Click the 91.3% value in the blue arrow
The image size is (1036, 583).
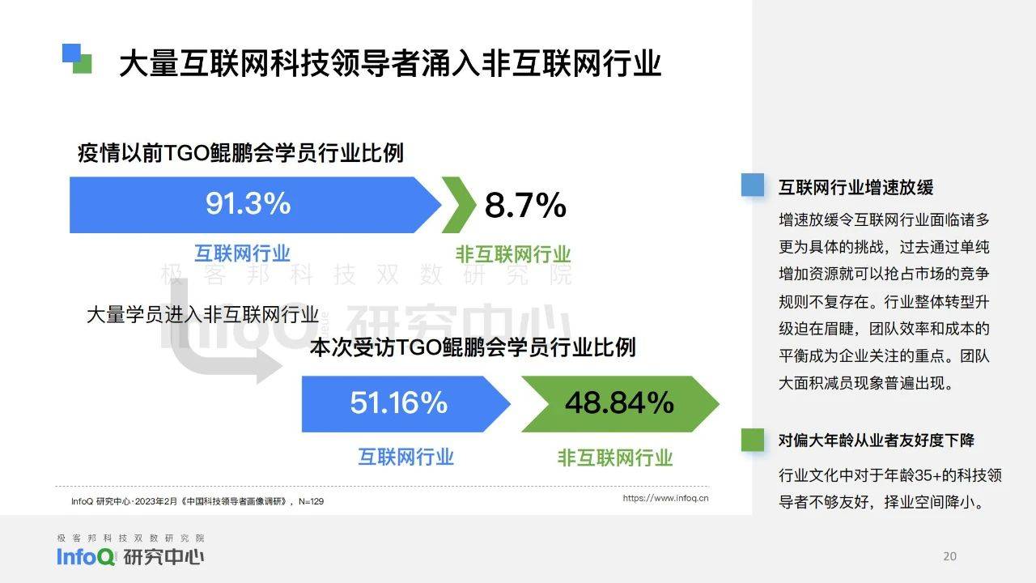point(248,203)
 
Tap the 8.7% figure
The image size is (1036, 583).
point(525,205)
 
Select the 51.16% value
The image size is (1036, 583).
point(399,402)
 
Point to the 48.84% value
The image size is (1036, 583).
point(619,402)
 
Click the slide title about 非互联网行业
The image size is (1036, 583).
point(390,63)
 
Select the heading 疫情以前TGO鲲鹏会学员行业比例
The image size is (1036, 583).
point(240,153)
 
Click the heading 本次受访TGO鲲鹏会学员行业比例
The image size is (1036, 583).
point(473,347)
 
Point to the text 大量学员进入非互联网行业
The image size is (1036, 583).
point(202,315)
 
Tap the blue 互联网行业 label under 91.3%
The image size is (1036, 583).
point(242,253)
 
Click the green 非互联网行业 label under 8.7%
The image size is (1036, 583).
point(513,254)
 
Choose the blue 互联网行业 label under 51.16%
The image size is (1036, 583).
point(405,457)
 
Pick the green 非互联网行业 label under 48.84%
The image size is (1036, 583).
point(614,458)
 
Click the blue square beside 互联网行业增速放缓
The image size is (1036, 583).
point(753,185)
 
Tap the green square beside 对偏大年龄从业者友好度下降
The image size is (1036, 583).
point(753,440)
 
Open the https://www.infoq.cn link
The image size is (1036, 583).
point(665,498)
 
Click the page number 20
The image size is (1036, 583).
point(949,556)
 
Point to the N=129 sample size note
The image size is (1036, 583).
point(312,501)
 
